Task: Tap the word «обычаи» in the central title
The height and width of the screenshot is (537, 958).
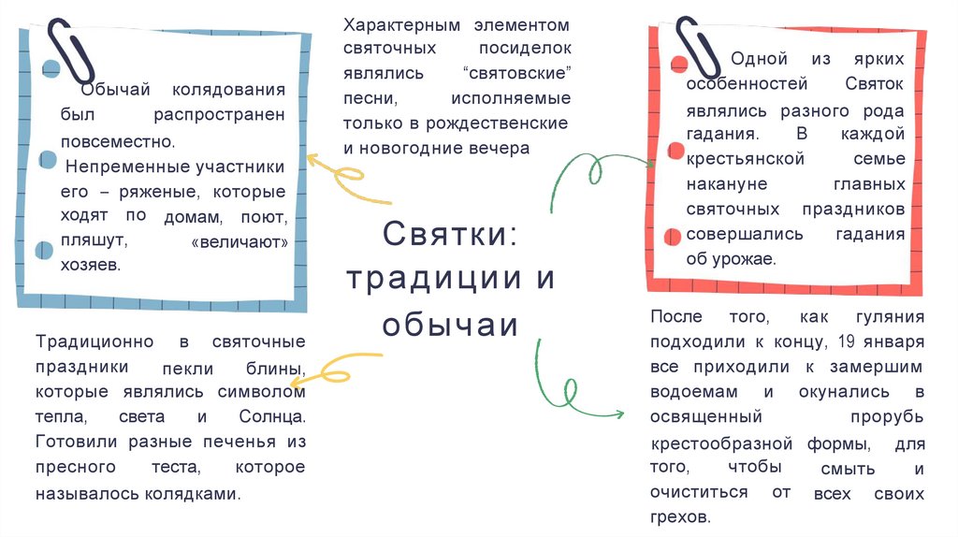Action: pyautogui.click(x=449, y=323)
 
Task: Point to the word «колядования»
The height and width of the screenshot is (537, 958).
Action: pyautogui.click(x=228, y=91)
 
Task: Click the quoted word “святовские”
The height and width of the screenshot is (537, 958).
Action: pyautogui.click(x=516, y=72)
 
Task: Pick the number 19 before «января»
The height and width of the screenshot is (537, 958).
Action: pyautogui.click(x=849, y=341)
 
